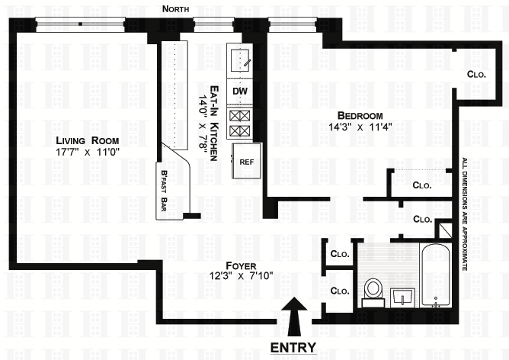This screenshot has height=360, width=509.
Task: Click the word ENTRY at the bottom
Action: pyautogui.click(x=293, y=348)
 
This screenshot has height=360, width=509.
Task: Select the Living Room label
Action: pyautogui.click(x=88, y=140)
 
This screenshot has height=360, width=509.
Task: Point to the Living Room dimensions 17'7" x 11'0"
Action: pyautogui.click(x=88, y=152)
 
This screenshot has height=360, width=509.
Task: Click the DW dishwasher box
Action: pyautogui.click(x=240, y=92)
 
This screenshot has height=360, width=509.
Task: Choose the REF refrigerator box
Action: pyautogui.click(x=246, y=162)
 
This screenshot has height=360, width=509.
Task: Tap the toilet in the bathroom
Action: pyautogui.click(x=373, y=291)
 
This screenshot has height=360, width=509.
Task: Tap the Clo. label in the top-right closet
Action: pyautogui.click(x=476, y=75)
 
